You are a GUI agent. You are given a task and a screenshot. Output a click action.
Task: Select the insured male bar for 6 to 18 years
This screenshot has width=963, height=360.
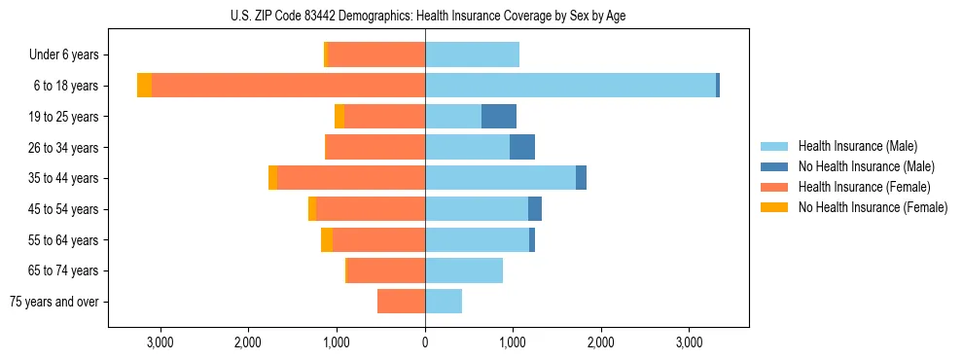tap(570, 86)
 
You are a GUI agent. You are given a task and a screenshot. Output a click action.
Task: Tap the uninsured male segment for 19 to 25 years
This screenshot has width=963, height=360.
tap(499, 117)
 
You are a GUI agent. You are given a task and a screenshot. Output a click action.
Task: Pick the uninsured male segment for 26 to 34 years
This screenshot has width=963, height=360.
tap(522, 147)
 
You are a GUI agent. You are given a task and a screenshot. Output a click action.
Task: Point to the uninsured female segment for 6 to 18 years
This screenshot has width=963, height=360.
tap(144, 86)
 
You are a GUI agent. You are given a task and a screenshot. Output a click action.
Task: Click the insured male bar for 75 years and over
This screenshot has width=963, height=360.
tap(444, 302)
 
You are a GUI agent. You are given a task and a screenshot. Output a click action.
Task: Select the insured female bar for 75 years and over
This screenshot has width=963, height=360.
tap(401, 302)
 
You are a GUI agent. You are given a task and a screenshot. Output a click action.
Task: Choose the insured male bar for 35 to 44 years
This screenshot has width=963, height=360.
tap(500, 178)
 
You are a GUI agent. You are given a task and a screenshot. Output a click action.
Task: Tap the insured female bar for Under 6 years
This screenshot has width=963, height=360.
tap(376, 54)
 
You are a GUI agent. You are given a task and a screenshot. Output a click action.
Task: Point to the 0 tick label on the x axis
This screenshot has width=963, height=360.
tap(425, 342)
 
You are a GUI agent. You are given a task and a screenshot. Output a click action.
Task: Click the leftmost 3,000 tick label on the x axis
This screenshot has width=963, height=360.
tap(160, 342)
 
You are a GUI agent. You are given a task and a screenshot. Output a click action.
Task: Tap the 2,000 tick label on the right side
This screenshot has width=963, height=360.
tap(601, 342)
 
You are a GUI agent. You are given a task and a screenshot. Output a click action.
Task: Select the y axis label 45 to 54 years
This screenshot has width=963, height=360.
tap(63, 209)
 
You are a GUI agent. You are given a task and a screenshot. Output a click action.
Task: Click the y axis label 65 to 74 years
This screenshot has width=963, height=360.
tap(63, 270)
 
